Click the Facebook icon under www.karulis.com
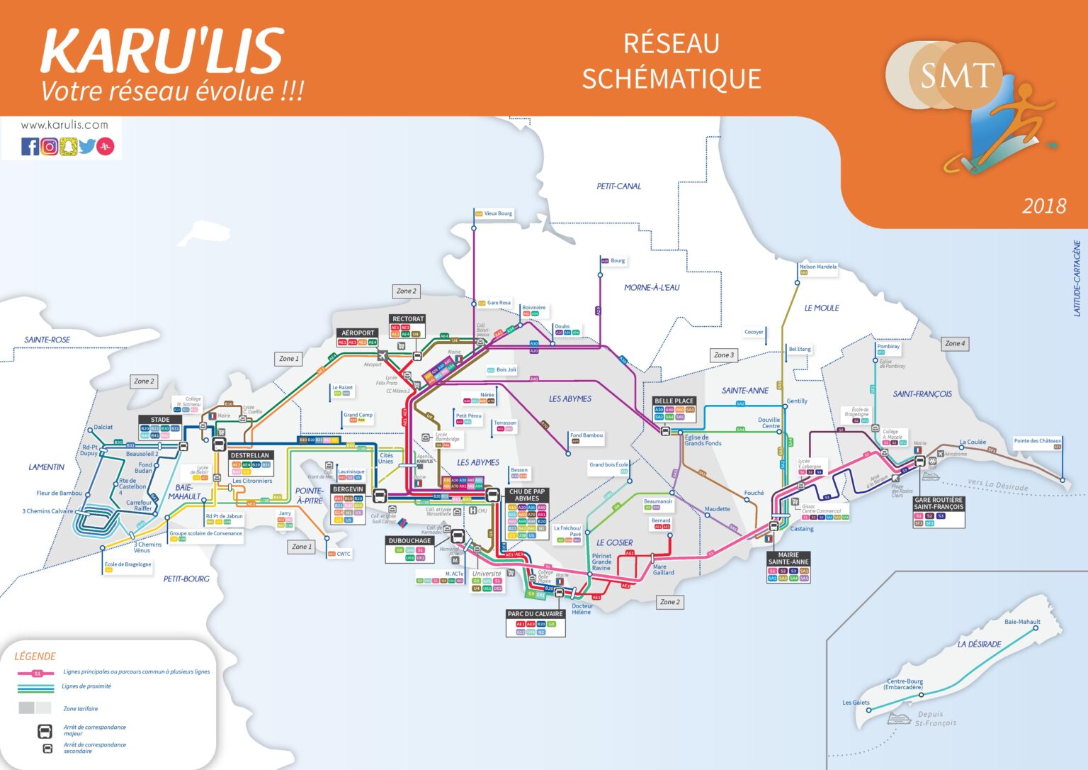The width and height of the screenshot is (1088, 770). (30, 147)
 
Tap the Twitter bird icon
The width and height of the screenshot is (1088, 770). (87, 147)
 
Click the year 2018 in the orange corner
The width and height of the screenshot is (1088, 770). (1043, 206)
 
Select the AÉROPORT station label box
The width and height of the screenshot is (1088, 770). (358, 333)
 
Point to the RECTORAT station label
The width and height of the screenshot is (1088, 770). (408, 319)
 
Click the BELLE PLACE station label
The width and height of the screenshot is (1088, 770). (674, 401)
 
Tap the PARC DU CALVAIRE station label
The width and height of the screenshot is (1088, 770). (535, 614)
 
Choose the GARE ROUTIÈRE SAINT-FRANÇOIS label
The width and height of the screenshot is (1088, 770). (939, 503)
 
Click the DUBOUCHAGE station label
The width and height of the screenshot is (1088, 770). (409, 540)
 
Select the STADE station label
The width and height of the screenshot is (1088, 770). (160, 419)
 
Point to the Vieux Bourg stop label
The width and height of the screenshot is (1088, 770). (498, 213)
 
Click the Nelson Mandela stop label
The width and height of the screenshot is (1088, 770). (817, 267)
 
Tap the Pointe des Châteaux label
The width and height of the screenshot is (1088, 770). (1037, 441)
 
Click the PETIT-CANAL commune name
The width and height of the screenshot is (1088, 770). (618, 186)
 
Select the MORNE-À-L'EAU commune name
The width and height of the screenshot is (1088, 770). (651, 288)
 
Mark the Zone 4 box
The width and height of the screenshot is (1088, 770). (954, 343)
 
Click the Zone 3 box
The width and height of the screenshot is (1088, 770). (724, 355)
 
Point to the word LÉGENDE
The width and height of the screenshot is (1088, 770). (35, 657)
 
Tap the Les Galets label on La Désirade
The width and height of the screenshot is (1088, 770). (856, 703)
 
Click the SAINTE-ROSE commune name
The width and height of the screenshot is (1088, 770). (47, 340)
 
